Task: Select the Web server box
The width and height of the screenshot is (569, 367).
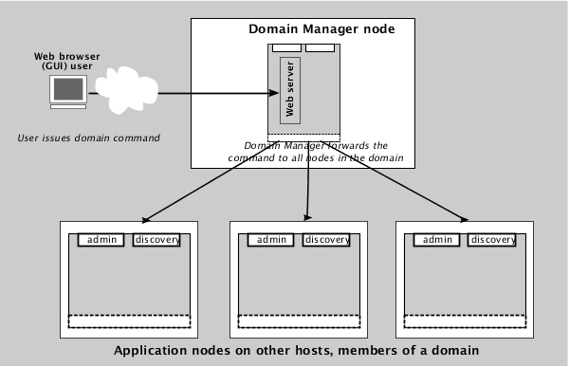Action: coord(289,89)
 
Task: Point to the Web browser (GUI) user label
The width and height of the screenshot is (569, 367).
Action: coord(67,62)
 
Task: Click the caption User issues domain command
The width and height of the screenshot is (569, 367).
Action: coord(88,138)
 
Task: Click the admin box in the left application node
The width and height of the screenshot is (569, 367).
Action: coord(101,240)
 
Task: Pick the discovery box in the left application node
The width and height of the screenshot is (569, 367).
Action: coord(156,240)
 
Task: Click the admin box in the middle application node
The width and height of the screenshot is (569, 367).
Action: coord(271,240)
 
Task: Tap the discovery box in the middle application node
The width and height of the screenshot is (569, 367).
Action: coord(327,240)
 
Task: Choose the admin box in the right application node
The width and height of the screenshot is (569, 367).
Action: coord(437,240)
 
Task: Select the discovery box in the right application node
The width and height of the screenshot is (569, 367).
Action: coord(493,240)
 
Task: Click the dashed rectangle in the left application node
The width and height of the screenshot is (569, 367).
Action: coord(129,321)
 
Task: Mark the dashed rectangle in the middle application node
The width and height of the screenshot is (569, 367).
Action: coord(299,321)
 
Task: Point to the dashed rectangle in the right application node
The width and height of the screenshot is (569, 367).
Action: coord(465,321)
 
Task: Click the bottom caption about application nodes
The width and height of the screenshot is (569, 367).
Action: coord(296,351)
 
